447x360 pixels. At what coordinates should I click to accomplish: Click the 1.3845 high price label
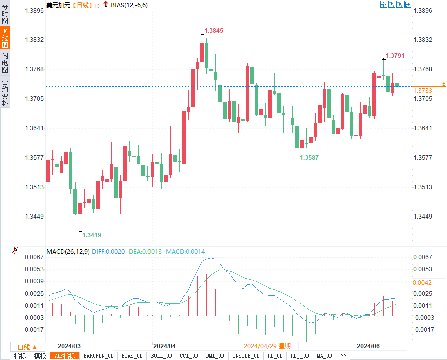213,31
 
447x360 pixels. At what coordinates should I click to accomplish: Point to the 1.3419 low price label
92,235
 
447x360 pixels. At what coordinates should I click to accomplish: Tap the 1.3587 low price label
309,158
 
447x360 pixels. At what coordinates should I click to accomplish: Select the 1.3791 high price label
395,56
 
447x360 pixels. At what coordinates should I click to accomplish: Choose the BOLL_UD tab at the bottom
160,356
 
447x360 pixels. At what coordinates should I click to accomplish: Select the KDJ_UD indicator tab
301,356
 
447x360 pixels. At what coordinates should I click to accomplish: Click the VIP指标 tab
65,356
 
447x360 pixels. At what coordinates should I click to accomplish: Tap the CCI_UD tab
189,356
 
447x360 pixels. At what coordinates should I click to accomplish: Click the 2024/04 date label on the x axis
164,346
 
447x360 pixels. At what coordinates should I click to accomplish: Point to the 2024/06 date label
367,346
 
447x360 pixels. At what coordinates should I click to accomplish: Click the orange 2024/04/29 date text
270,346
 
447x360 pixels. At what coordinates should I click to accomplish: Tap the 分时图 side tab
5,15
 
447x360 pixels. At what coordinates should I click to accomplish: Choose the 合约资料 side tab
5,93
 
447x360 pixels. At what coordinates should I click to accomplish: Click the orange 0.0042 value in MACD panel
422,283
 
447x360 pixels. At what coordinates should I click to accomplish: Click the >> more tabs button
343,356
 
